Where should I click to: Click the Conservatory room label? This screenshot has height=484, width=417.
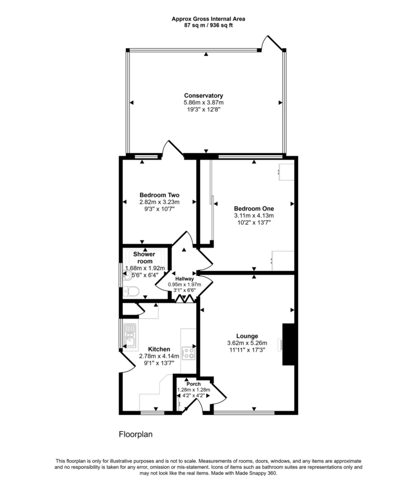203,95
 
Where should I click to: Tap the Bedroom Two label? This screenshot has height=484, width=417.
159,195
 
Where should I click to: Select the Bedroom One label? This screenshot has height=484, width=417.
254,208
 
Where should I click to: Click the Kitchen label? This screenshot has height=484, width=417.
159,349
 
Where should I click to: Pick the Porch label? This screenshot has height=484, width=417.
193,384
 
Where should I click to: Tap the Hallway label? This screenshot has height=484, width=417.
184,279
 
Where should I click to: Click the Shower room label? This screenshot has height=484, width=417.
144,258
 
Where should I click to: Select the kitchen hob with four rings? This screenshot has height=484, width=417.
188,353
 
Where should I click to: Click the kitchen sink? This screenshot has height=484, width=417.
130,335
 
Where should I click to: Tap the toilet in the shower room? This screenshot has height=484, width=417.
132,292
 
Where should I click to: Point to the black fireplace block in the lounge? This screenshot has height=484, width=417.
288,345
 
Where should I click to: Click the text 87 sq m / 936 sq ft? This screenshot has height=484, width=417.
208,25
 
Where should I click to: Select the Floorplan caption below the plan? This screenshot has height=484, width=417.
136,435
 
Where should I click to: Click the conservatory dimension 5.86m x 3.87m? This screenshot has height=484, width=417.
203,103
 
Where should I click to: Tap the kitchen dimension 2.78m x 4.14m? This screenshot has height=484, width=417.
159,356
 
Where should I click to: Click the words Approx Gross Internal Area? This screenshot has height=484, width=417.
208,18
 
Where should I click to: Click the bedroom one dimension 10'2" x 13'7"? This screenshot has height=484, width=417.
254,222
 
